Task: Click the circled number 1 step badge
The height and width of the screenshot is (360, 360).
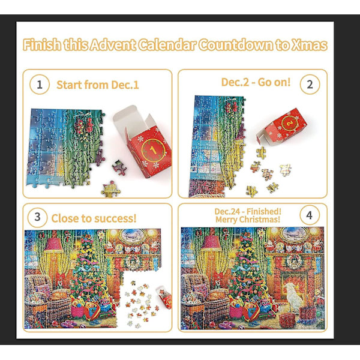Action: click(x=40, y=85)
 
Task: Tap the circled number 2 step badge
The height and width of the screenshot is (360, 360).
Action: click(x=310, y=84)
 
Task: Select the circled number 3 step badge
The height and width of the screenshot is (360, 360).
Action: click(x=37, y=217)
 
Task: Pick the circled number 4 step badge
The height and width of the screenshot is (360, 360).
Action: click(x=310, y=215)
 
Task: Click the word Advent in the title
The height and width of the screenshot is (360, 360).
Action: click(x=113, y=45)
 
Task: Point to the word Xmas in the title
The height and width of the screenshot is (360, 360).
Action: click(x=310, y=45)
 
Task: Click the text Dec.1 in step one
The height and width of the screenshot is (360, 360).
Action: click(x=125, y=85)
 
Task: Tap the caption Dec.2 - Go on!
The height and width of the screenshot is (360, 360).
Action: click(x=256, y=82)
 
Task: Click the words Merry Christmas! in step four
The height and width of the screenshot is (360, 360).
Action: click(x=248, y=220)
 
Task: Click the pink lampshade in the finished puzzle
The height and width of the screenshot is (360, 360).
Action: click(x=211, y=244)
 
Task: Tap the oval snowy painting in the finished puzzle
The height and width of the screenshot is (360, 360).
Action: click(x=295, y=235)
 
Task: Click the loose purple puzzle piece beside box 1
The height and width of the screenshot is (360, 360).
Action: click(x=119, y=167)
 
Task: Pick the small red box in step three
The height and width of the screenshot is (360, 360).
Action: click(x=164, y=297)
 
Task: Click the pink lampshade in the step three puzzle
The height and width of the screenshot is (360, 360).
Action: click(x=53, y=244)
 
